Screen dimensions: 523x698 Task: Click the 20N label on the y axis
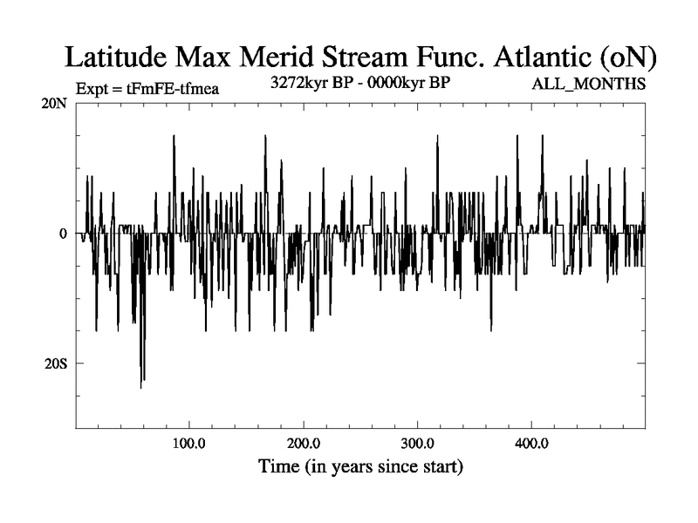tap(55, 104)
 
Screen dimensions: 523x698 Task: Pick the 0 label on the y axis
tap(63, 234)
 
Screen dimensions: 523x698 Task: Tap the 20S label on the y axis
tap(56, 363)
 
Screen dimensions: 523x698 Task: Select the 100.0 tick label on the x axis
tap(189, 443)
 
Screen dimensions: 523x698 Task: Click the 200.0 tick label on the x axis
tap(304, 443)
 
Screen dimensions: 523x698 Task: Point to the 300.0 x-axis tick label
tap(418, 443)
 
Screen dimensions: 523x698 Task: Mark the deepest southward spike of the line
tap(140, 385)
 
